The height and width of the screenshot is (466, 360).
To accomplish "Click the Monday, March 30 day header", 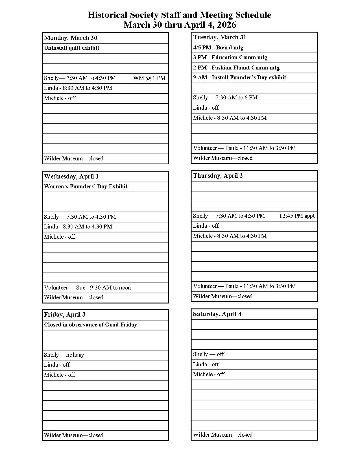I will pyautogui.click(x=71, y=38).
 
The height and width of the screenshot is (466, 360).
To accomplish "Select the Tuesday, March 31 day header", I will pyautogui.click(x=220, y=37).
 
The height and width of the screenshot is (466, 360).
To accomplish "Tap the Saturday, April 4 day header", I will pyautogui.click(x=217, y=314).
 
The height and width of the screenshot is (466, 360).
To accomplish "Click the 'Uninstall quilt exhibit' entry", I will pyautogui.click(x=72, y=48).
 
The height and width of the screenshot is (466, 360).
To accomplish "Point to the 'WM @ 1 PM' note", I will pyautogui.click(x=149, y=78).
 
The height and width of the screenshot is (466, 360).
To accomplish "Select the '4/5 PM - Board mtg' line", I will pyautogui.click(x=218, y=48).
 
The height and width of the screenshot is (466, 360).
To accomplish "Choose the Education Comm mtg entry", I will pyautogui.click(x=230, y=58).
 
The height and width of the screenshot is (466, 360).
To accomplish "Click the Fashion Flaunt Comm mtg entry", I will pyautogui.click(x=236, y=68).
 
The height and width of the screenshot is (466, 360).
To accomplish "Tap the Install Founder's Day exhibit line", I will pyautogui.click(x=240, y=78).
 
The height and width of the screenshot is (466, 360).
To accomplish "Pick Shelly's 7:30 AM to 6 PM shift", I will pyautogui.click(x=225, y=98).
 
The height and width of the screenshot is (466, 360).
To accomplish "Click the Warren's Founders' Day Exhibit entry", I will pyautogui.click(x=86, y=187).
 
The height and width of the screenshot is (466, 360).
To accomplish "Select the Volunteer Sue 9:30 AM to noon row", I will pyautogui.click(x=88, y=288).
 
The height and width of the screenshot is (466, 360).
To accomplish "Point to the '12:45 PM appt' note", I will pyautogui.click(x=297, y=216).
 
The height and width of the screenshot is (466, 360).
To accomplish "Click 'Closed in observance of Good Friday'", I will pyautogui.click(x=90, y=325).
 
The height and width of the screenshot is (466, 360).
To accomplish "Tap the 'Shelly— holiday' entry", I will pyautogui.click(x=64, y=355).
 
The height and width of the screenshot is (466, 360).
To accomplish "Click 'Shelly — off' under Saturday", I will pyautogui.click(x=208, y=354).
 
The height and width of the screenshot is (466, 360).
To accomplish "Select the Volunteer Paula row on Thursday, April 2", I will pyautogui.click(x=245, y=286).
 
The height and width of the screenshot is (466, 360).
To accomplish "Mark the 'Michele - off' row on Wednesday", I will pyautogui.click(x=60, y=237).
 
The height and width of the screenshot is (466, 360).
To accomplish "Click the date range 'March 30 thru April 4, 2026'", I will pyautogui.click(x=180, y=25).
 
